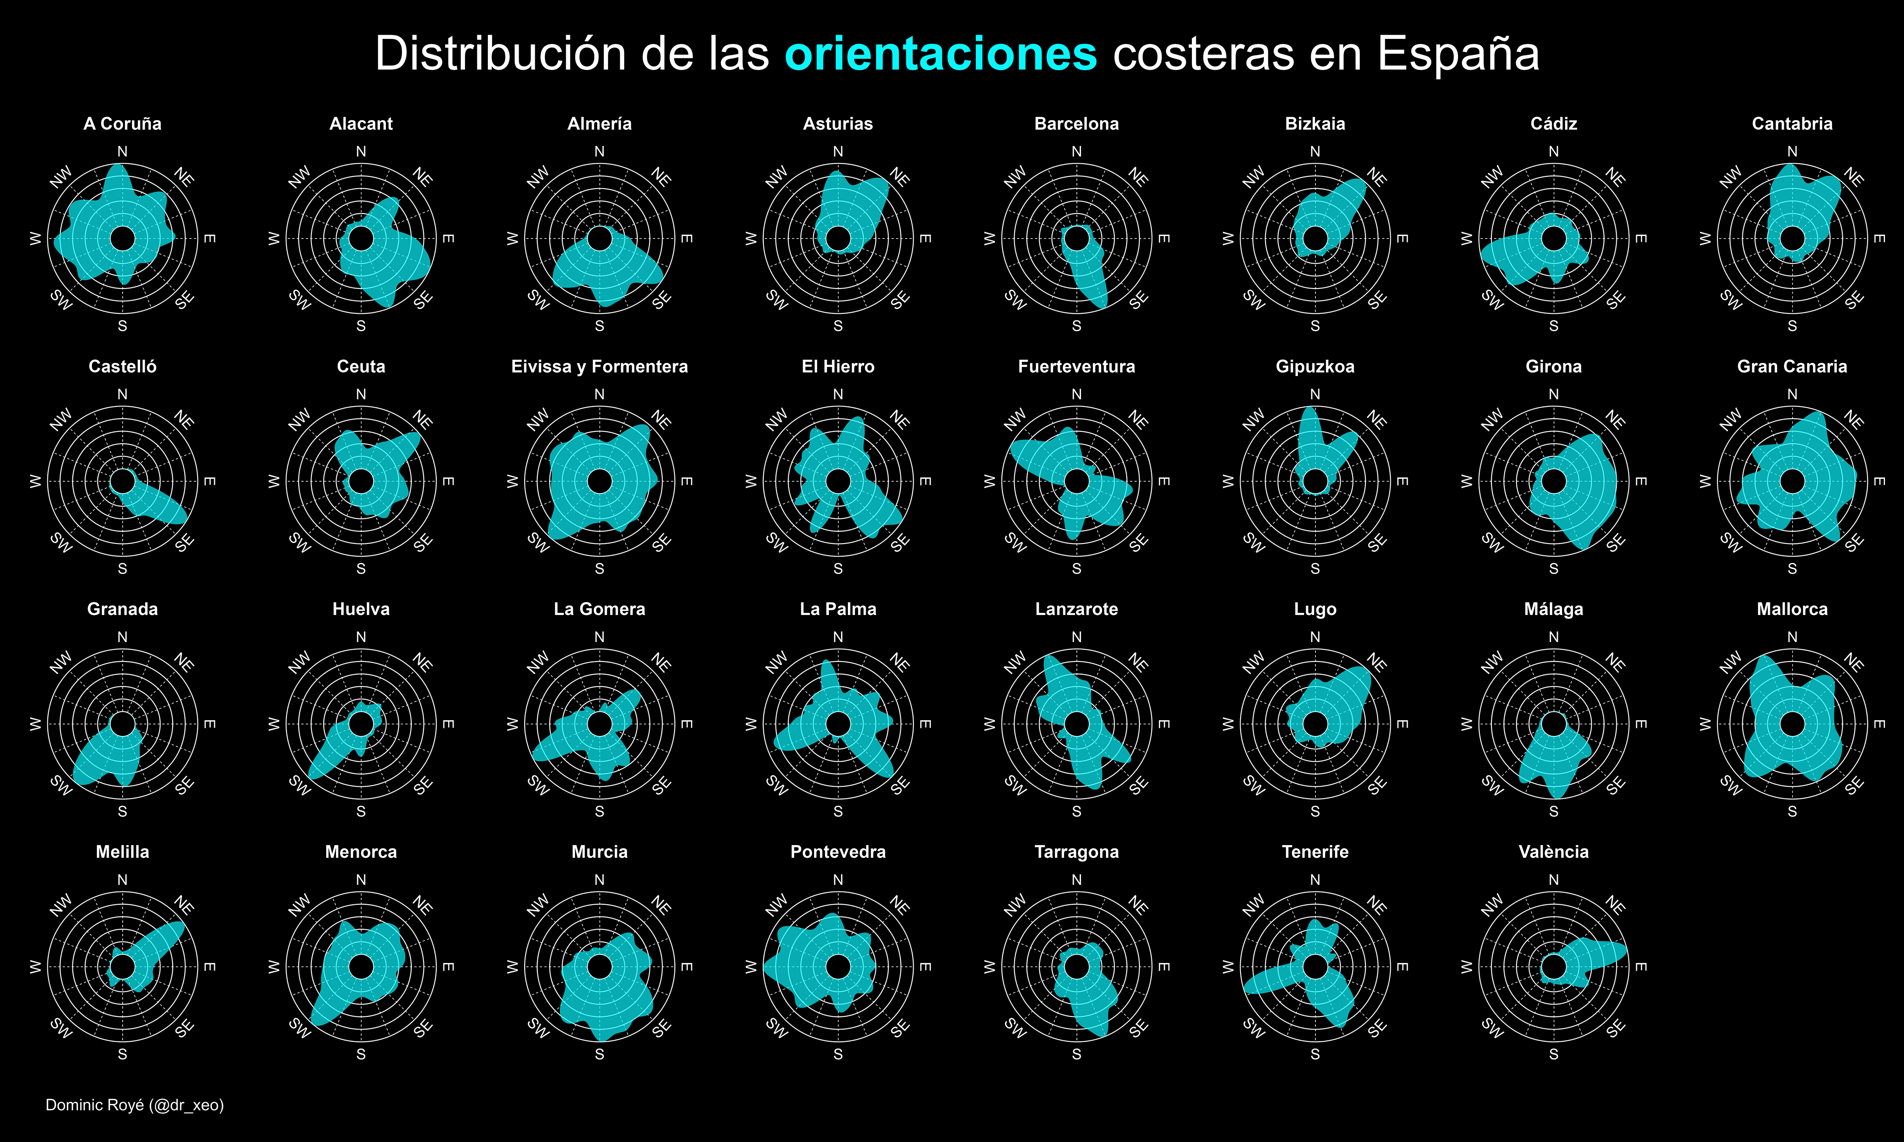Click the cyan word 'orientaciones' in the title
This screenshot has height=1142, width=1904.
pos(941,54)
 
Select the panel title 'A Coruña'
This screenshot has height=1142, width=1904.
pos(122,124)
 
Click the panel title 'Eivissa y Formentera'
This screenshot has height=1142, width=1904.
pos(600,366)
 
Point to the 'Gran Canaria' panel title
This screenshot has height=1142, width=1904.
pos(1791,366)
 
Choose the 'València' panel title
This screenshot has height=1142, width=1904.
pos(1553,852)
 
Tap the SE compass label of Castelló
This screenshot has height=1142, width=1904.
pos(185,544)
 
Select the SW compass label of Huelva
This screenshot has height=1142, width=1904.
pos(300,785)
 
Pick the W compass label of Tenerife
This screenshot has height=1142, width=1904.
pos(1228,966)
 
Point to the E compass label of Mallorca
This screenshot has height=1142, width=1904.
pos(1879,724)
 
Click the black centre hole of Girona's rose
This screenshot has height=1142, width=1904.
pos(1554,481)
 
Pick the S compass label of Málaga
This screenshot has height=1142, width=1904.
pos(1554,812)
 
